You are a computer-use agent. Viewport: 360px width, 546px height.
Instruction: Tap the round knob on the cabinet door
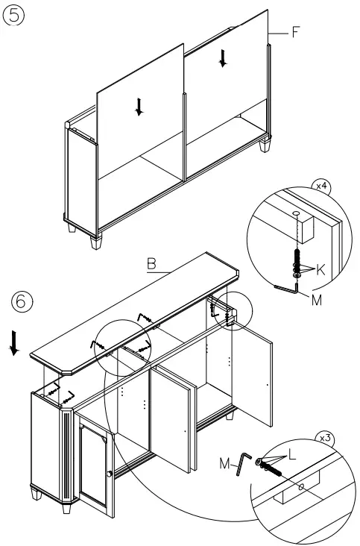click(109, 474)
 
